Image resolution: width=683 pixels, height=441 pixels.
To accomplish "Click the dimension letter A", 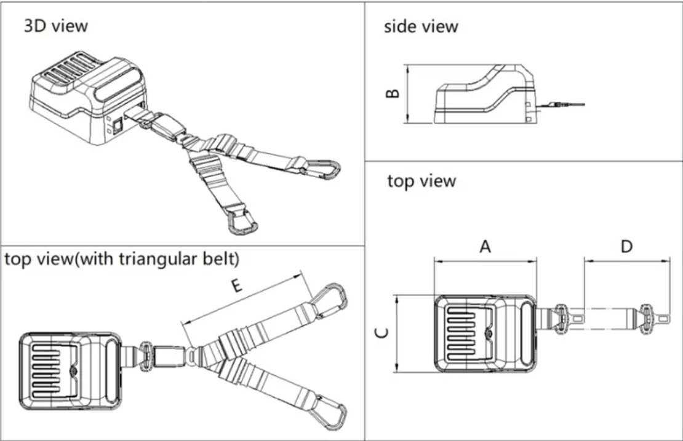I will [x=485, y=247].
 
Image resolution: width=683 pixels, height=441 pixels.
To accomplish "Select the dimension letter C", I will [x=382, y=333].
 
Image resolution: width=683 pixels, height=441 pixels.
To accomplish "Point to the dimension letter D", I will [x=626, y=247].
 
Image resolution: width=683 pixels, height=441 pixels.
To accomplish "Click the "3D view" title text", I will [x=55, y=26].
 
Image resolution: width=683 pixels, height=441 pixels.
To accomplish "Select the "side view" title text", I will [x=421, y=26].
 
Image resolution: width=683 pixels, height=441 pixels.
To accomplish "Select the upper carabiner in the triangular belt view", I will [x=330, y=300].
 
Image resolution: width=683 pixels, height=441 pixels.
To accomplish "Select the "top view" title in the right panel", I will [x=421, y=181].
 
